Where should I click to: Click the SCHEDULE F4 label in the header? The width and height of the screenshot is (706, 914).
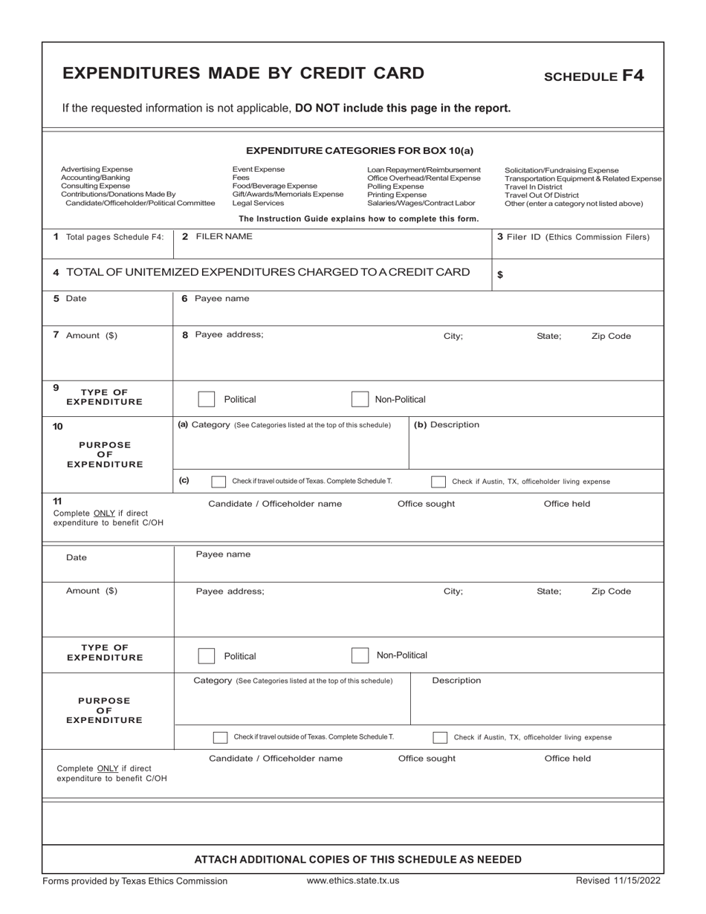click(x=594, y=75)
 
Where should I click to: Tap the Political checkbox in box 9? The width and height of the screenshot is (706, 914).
click(x=207, y=399)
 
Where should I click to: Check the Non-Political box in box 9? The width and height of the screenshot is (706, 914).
click(x=360, y=399)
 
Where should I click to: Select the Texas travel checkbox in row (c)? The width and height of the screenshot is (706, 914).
click(x=218, y=482)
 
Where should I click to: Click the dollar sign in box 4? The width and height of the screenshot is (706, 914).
click(x=500, y=274)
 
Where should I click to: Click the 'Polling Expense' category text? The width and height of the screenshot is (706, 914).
click(x=395, y=186)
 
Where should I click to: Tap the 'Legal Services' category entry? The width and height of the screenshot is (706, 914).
click(x=258, y=203)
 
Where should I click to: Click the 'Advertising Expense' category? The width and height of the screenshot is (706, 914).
click(x=97, y=169)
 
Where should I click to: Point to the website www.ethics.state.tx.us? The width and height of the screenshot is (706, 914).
click(x=353, y=881)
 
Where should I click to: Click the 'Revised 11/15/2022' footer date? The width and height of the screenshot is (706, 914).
click(x=618, y=881)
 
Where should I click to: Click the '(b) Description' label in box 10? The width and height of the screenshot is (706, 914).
click(x=447, y=424)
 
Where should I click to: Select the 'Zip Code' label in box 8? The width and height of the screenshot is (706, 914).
click(x=611, y=336)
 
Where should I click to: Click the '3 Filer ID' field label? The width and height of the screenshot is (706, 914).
click(x=573, y=237)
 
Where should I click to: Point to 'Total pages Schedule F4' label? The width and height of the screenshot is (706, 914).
click(x=108, y=237)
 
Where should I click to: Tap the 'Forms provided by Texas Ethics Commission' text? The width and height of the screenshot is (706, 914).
click(x=135, y=881)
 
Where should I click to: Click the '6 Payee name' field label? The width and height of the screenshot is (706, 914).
click(x=216, y=298)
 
